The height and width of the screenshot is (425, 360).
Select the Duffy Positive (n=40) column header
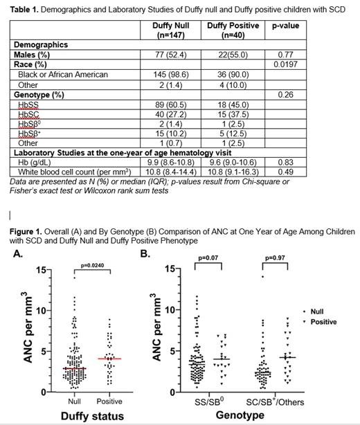pyautogui.click(x=233, y=30)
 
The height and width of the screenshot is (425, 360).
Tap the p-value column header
pyautogui.click(x=282, y=26)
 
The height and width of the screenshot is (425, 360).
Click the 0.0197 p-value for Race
pyautogui.click(x=282, y=64)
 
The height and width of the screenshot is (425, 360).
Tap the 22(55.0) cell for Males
pyautogui.click(x=233, y=54)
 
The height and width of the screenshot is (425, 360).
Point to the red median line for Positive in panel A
pyautogui.click(x=109, y=359)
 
